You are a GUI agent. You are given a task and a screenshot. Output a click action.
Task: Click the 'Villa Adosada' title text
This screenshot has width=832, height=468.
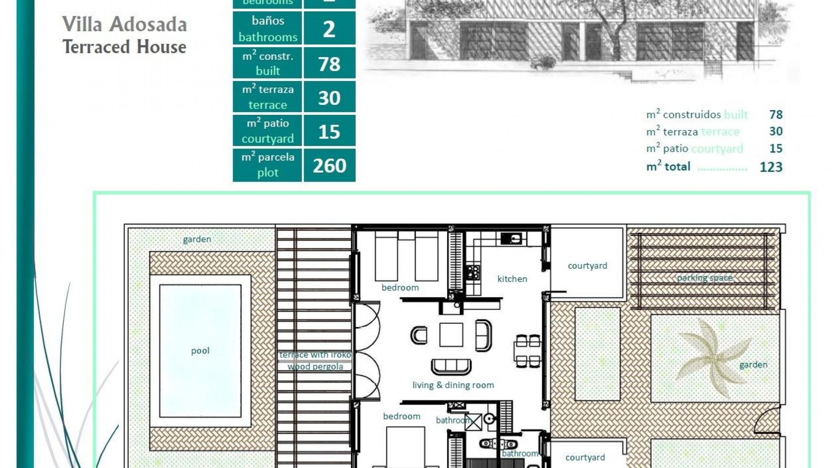tap(124, 24)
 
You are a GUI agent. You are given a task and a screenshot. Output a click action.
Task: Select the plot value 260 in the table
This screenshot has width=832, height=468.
tap(329, 166)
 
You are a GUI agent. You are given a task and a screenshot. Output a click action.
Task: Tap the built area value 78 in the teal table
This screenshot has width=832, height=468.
tap(329, 64)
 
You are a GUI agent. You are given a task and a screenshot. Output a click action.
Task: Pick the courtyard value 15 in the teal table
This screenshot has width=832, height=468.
tap(329, 132)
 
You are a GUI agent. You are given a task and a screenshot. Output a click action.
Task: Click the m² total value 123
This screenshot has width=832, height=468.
tap(770, 167)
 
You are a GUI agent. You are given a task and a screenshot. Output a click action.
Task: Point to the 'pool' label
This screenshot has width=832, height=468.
tap(200, 351)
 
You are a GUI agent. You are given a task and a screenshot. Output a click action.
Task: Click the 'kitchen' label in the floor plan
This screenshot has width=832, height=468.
tap(512, 279)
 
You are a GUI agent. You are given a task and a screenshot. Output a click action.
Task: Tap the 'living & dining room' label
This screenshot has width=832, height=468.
tap(453, 385)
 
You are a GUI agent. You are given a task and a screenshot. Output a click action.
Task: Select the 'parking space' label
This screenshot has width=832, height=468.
tap(705, 278)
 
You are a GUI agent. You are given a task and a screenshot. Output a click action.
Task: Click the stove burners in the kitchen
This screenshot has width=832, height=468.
tap(473, 272)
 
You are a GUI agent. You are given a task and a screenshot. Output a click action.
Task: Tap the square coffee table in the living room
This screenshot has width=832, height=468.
tap(451, 335)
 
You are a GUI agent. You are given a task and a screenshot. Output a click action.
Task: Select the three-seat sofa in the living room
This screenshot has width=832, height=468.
tap(451, 367)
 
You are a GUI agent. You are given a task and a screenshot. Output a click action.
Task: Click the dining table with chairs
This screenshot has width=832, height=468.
tap(528, 350)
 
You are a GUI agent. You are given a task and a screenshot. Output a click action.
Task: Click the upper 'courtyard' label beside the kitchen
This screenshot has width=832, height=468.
tap(587, 266)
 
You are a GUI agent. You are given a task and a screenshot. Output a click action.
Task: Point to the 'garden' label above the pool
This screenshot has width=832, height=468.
tap(197, 239)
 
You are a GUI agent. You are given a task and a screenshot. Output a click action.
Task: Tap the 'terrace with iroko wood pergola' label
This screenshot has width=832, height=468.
tap(315, 361)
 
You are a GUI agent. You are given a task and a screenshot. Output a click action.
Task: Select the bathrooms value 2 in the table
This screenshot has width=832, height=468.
tap(329, 29)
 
